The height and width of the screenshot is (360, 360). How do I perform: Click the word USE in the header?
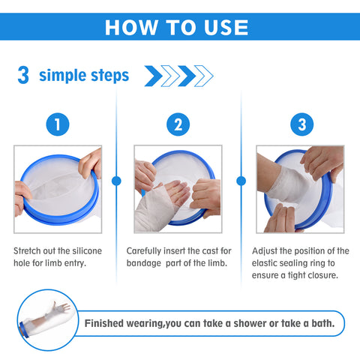coord(226,27)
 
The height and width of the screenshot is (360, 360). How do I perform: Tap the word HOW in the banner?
coord(131,27)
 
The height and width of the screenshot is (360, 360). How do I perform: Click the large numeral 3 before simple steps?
coord(23,75)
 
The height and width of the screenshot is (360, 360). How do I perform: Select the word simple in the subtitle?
coord(62,76)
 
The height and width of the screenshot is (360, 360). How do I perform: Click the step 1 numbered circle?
coord(58,124)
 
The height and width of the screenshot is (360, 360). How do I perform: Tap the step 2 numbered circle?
coord(178,124)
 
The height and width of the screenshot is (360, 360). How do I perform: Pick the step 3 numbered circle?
coord(301,124)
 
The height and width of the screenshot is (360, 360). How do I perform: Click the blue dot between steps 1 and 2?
coord(116,181)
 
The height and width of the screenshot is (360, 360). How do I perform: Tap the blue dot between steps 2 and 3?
coord(241,181)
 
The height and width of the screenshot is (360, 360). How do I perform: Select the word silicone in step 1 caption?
coord(87,250)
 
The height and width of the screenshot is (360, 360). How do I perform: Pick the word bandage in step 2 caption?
coord(144,263)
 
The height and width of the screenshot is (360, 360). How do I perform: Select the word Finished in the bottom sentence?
coord(104,323)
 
